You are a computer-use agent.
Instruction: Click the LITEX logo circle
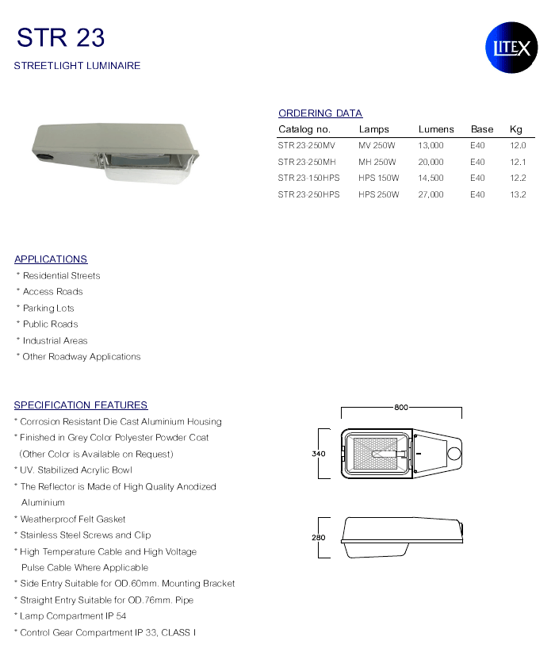[511, 48]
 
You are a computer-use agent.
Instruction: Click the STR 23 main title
[60, 37]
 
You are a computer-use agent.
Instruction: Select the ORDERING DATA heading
[320, 113]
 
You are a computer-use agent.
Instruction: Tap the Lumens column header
[436, 129]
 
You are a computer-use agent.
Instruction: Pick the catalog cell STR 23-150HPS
[308, 178]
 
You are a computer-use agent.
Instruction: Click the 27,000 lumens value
[431, 194]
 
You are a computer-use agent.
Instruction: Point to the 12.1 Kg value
[518, 162]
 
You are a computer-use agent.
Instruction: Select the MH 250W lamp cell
[377, 162]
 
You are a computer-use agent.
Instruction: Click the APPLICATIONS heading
[51, 259]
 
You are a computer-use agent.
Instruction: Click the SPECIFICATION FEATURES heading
[81, 405]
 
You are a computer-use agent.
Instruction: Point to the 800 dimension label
[400, 407]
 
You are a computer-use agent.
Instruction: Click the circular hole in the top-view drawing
[454, 454]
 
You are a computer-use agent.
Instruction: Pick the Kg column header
[516, 129]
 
